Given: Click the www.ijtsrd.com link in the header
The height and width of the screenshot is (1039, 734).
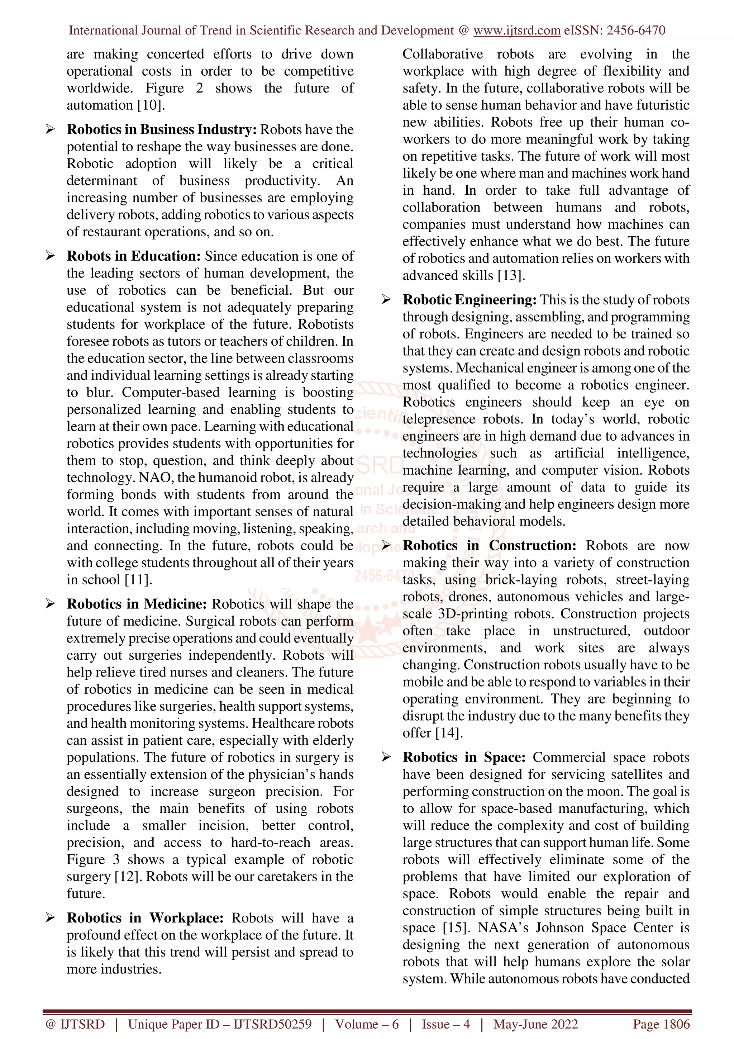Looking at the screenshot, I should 516,30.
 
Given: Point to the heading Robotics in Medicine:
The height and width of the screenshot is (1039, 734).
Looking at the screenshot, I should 137,604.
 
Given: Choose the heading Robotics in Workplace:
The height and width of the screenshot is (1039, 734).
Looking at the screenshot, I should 145,918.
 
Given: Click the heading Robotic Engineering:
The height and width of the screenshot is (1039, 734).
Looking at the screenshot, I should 470,300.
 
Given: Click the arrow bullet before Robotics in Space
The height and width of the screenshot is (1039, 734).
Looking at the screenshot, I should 386,757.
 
